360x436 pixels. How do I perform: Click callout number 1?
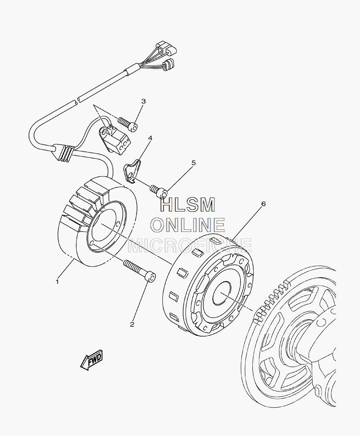click(57, 281)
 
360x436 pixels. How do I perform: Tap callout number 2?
click(132, 324)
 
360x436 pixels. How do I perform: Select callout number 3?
click(143, 101)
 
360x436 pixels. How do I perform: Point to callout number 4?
click(150, 138)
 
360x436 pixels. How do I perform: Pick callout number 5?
click(193, 163)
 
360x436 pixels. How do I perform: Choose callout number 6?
click(263, 204)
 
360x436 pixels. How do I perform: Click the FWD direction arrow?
click(92, 360)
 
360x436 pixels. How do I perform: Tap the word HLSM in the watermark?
click(187, 205)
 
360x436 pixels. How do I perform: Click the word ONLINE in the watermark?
click(188, 225)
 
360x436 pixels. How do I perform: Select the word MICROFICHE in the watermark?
click(190, 245)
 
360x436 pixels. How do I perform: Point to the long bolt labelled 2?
click(139, 270)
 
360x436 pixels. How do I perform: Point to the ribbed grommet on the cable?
click(64, 153)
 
